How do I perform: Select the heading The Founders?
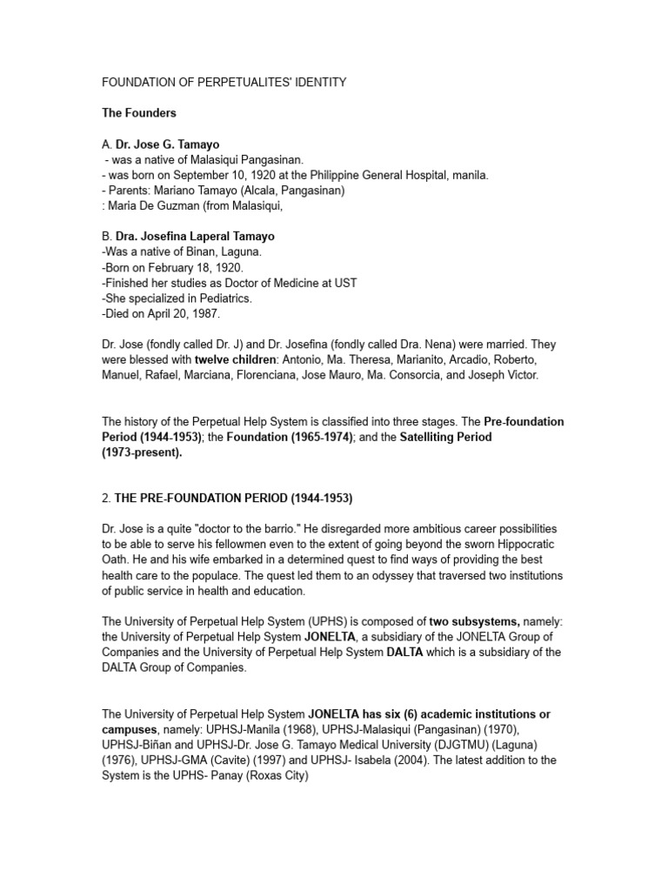point(139,113)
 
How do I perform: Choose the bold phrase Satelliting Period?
point(445,437)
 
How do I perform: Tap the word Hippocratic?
point(527,545)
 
